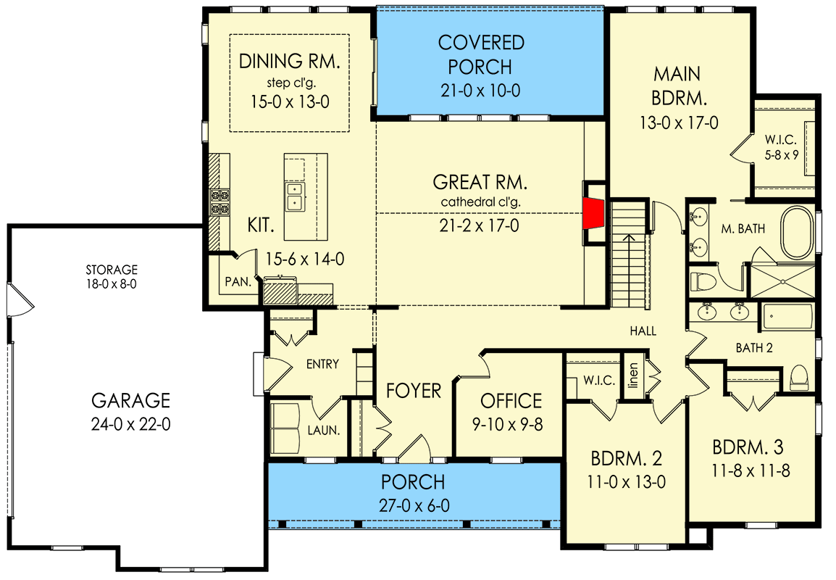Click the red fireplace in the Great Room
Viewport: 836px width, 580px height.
click(592, 213)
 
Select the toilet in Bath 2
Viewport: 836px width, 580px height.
click(798, 377)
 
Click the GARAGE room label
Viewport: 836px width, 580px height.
click(130, 400)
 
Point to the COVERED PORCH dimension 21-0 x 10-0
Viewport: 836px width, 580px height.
click(480, 91)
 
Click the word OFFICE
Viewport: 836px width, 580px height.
click(511, 401)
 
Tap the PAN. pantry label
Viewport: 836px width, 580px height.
click(238, 281)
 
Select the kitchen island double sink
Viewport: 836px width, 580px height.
click(294, 196)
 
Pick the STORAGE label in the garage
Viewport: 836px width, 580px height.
click(112, 270)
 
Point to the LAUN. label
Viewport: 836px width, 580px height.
click(324, 430)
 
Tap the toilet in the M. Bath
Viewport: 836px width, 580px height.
click(702, 281)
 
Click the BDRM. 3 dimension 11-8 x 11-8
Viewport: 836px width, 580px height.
click(751, 471)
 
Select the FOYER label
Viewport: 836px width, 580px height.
click(413, 391)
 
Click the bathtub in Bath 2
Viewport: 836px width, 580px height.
click(787, 317)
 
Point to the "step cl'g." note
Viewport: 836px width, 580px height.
click(291, 83)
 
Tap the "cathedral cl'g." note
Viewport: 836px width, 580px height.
click(480, 202)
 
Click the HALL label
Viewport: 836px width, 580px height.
click(643, 331)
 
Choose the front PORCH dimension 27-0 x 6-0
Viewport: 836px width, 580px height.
click(414, 505)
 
